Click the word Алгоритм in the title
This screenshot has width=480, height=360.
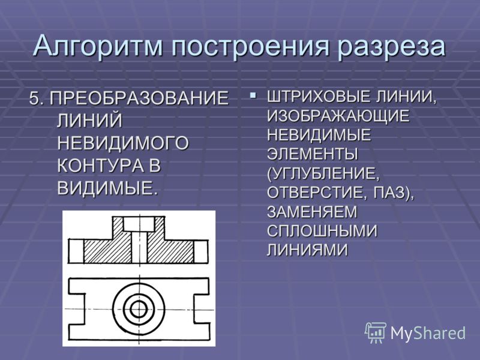point(97,46)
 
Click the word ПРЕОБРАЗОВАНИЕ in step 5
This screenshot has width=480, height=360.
point(139,98)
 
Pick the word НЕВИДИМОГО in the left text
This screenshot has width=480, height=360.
point(123,143)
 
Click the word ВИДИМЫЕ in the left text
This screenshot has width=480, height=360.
point(107,188)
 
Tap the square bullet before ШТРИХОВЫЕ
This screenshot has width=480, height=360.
point(253,95)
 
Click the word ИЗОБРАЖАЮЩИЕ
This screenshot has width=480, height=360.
point(338,116)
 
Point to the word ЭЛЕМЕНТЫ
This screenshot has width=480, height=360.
point(312,154)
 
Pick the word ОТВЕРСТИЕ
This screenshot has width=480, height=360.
point(317,193)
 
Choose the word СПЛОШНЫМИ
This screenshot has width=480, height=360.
point(322,231)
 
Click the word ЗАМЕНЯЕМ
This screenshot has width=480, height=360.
point(312,212)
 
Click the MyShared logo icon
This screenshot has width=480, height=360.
point(376,332)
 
